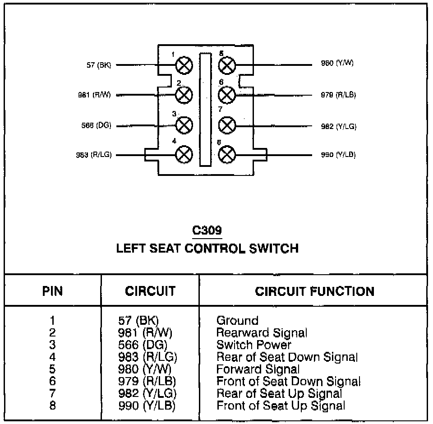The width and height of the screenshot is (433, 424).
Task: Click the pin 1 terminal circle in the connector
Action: tap(184, 65)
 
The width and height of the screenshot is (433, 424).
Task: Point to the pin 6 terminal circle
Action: tap(227, 95)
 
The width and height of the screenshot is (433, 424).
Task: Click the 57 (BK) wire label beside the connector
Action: tap(98, 65)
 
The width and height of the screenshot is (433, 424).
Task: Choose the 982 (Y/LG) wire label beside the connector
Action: tap(339, 127)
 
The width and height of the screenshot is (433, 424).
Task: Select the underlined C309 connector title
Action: tap(207, 231)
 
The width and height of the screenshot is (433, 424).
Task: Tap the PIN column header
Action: tap(53, 291)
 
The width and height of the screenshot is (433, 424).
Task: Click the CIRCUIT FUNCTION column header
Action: tap(314, 291)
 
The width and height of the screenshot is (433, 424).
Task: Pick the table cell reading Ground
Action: tap(237, 321)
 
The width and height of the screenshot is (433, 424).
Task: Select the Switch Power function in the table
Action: tap(254, 345)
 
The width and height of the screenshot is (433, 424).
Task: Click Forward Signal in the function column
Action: tap(258, 369)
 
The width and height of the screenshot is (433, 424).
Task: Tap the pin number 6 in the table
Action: tap(53, 382)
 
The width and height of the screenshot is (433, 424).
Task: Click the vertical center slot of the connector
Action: tap(206, 111)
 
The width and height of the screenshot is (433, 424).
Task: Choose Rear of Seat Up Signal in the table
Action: tap(279, 393)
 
